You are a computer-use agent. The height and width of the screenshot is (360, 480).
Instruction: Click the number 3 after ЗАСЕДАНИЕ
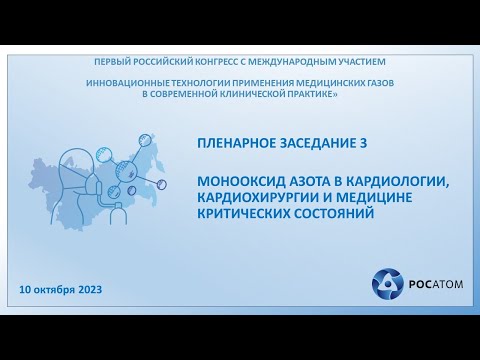click(x=364, y=143)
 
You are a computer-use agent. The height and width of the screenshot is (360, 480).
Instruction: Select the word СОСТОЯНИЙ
click(x=329, y=211)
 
